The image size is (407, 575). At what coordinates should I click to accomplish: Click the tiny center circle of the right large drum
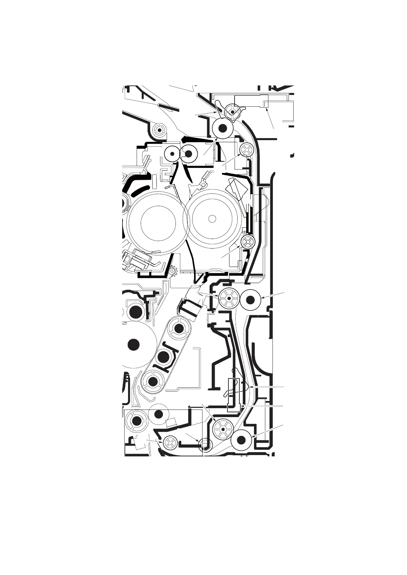tap(212, 218)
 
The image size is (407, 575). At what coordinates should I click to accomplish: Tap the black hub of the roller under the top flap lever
tap(223, 128)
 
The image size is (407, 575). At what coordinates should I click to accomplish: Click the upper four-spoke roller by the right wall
tap(246, 149)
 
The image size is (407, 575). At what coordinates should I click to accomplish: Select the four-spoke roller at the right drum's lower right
tap(248, 242)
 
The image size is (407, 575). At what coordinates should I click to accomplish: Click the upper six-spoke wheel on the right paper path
tap(228, 298)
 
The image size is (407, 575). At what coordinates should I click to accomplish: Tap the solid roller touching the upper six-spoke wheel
tap(251, 299)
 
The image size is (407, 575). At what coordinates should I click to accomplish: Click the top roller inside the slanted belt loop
tap(179, 329)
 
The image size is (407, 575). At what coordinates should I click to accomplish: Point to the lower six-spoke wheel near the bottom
tap(222, 429)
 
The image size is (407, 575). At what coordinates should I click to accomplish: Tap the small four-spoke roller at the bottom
tap(170, 444)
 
